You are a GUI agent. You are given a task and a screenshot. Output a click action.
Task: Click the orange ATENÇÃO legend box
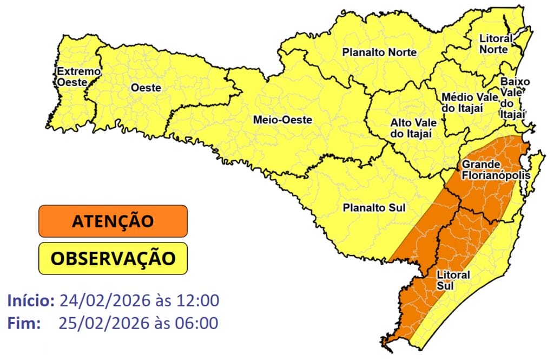click(113, 221)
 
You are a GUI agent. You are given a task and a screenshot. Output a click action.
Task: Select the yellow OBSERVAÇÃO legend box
click(113, 258)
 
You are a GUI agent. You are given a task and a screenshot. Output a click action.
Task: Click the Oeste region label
click(146, 88)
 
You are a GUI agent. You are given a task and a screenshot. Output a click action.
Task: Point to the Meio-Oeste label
click(282, 120)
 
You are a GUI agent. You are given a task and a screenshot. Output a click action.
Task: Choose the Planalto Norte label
click(379, 53)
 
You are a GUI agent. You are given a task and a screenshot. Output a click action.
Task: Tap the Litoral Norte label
click(493, 44)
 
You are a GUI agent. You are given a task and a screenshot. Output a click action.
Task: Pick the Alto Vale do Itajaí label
click(411, 128)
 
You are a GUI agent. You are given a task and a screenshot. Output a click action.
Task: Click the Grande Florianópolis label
click(492, 169)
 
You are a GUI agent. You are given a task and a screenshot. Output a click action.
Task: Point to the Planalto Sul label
click(374, 207)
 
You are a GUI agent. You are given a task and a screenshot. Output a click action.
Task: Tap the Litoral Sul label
click(452, 280)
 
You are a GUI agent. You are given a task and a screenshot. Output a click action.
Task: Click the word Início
click(31, 300)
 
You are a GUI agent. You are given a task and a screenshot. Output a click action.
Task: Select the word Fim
click(24, 323)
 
